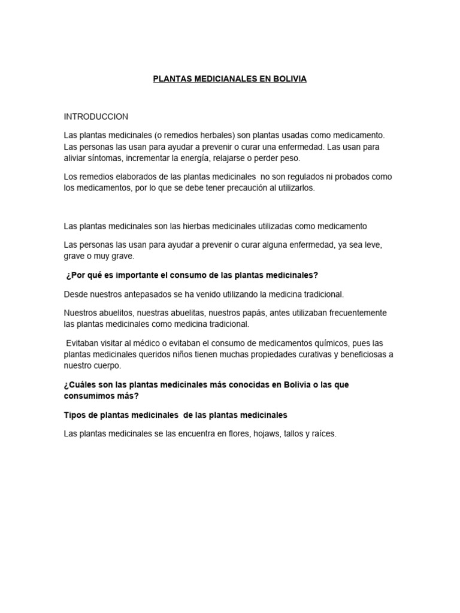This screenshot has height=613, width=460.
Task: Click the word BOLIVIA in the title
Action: coord(290,79)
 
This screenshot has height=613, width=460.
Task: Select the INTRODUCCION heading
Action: coord(96,116)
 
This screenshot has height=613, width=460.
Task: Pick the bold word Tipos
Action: coord(74,415)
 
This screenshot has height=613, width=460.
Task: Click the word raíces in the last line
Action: coord(324,434)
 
